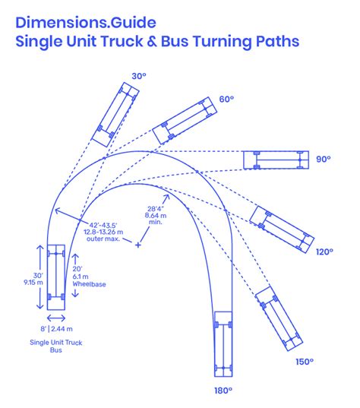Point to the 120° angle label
(x=323, y=251)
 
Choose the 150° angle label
(x=304, y=362)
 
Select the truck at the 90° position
(x=275, y=160)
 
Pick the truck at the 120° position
(x=282, y=226)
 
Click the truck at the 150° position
(x=273, y=318)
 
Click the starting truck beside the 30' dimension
(x=56, y=277)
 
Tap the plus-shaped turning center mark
(x=137, y=245)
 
